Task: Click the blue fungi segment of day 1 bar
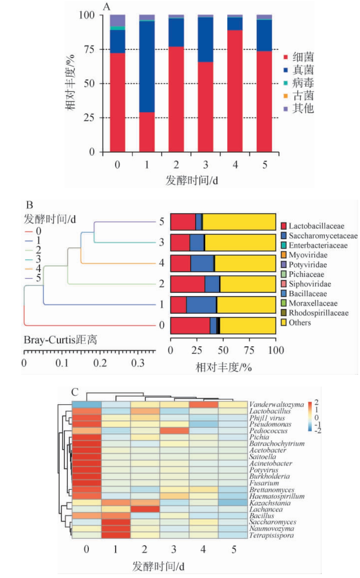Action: click(x=147, y=66)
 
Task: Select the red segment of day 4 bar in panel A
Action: click(x=235, y=91)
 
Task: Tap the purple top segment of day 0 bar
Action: click(x=117, y=20)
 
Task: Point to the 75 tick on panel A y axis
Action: click(x=89, y=50)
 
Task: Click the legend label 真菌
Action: click(x=303, y=70)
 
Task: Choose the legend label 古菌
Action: click(x=303, y=96)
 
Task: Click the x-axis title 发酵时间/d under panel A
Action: click(x=191, y=181)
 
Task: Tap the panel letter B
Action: click(x=29, y=205)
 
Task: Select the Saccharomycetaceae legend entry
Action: click(x=323, y=236)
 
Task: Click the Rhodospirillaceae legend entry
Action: click(x=318, y=313)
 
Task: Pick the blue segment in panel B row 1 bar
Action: click(x=201, y=305)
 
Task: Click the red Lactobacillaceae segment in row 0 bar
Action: click(x=190, y=325)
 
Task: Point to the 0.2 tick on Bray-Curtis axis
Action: click(x=100, y=363)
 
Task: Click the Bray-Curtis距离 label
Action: click(x=60, y=340)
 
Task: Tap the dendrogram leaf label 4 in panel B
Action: click(x=162, y=263)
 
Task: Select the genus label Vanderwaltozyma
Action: click(x=276, y=404)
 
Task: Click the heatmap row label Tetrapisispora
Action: click(x=271, y=535)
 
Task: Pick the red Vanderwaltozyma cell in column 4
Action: click(x=203, y=404)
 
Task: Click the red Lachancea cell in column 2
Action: click(x=145, y=509)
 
